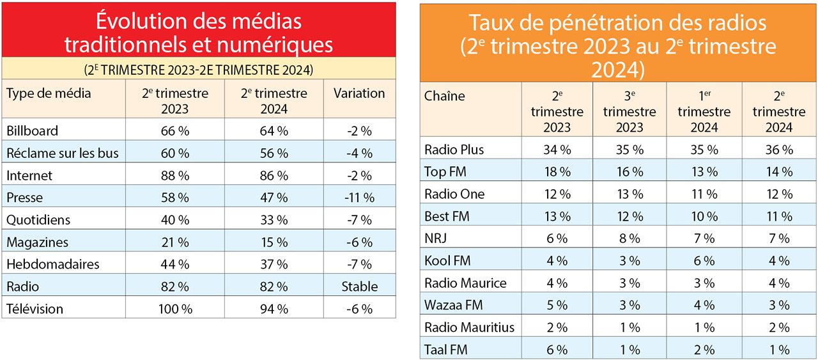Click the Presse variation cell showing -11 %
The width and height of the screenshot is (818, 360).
point(359,198)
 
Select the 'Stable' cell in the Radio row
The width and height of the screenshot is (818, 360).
point(359,286)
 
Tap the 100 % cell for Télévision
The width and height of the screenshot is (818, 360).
point(174,309)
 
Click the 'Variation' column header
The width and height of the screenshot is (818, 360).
point(359,93)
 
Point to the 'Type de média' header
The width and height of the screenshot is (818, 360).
point(49,93)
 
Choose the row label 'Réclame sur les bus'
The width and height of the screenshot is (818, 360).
point(62,153)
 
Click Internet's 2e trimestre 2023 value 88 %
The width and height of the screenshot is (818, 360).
point(174,175)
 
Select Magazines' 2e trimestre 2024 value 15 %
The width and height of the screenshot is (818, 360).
point(274,242)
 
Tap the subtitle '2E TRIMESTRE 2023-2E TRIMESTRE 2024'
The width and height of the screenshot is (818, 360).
point(199,69)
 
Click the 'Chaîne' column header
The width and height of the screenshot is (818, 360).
point(445,97)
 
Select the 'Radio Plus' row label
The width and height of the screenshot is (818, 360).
point(454,150)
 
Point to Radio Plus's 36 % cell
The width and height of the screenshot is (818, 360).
point(778,150)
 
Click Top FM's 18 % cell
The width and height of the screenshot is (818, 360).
point(557,171)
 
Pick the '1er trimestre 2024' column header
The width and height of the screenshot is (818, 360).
point(704,112)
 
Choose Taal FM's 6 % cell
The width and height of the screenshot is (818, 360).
point(557,349)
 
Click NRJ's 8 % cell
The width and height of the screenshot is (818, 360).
point(629,239)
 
